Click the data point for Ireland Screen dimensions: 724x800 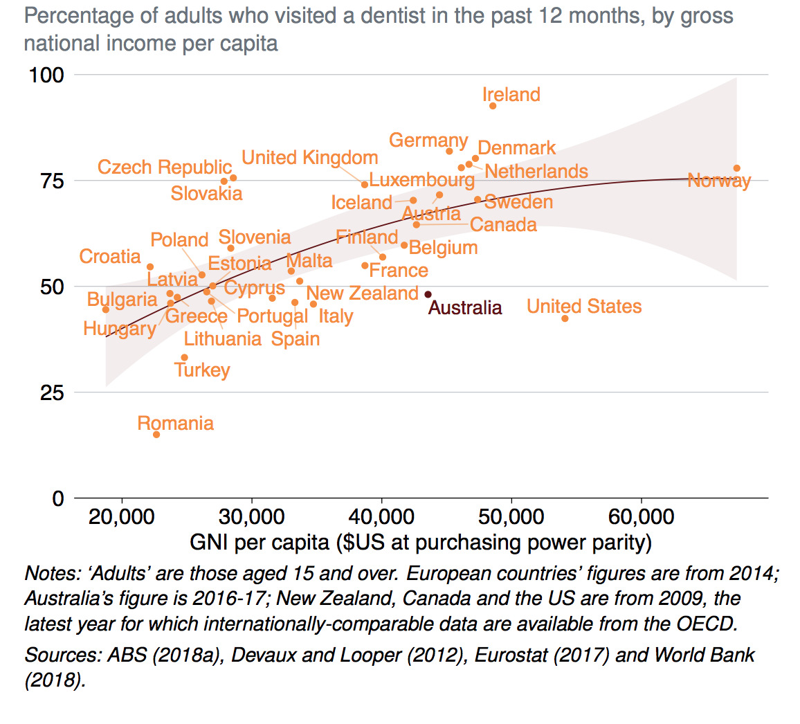(493, 106)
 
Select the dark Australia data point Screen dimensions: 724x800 (428, 295)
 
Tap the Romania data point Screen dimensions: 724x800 (156, 435)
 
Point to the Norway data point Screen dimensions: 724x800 (737, 168)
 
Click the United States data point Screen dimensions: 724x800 (565, 318)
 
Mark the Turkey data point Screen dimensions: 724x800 (184, 358)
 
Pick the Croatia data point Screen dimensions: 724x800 (150, 266)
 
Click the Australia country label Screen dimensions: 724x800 (465, 307)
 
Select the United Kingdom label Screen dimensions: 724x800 (309, 158)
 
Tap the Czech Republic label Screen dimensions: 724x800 (165, 168)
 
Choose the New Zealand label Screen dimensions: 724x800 (362, 293)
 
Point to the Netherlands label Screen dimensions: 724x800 (536, 171)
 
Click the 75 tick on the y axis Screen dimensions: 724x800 (50, 181)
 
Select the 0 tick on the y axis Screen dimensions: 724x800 (57, 498)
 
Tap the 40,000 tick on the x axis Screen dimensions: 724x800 (381, 517)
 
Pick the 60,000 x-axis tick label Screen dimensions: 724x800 (641, 517)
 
